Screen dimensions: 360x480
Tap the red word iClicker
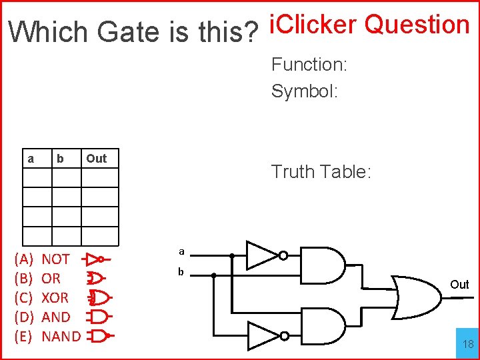point(312,25)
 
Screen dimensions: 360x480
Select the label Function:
point(309,65)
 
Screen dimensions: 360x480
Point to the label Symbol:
point(305,91)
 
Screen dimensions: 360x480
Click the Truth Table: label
point(321,172)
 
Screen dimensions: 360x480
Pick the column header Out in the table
point(96,159)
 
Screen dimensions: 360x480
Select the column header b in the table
point(60,159)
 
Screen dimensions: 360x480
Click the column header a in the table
point(31,159)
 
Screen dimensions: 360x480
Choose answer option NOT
point(55,259)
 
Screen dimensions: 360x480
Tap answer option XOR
point(55,297)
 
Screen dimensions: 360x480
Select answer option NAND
point(61,336)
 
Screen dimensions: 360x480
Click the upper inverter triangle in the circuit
point(262,255)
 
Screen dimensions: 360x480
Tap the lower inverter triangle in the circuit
point(262,334)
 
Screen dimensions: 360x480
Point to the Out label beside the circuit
point(459,285)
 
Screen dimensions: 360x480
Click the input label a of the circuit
point(181,251)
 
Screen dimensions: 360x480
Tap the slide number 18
point(468,344)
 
